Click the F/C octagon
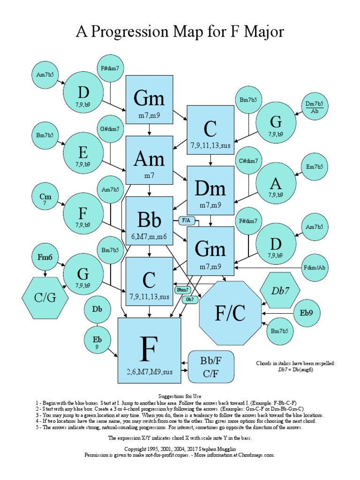pyautogui.click(x=230, y=313)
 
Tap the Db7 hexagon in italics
pyautogui.click(x=279, y=290)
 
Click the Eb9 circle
pyautogui.click(x=308, y=312)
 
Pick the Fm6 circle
pyautogui.click(x=45, y=257)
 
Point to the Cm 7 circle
pyautogui.click(x=45, y=199)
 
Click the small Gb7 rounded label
pyautogui.click(x=190, y=299)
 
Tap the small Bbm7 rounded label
pyautogui.click(x=182, y=290)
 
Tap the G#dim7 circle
pyautogui.click(x=110, y=128)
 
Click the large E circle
pyautogui.click(x=82, y=154)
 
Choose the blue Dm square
pyautogui.click(x=210, y=190)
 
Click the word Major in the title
pyautogui.click(x=263, y=32)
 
